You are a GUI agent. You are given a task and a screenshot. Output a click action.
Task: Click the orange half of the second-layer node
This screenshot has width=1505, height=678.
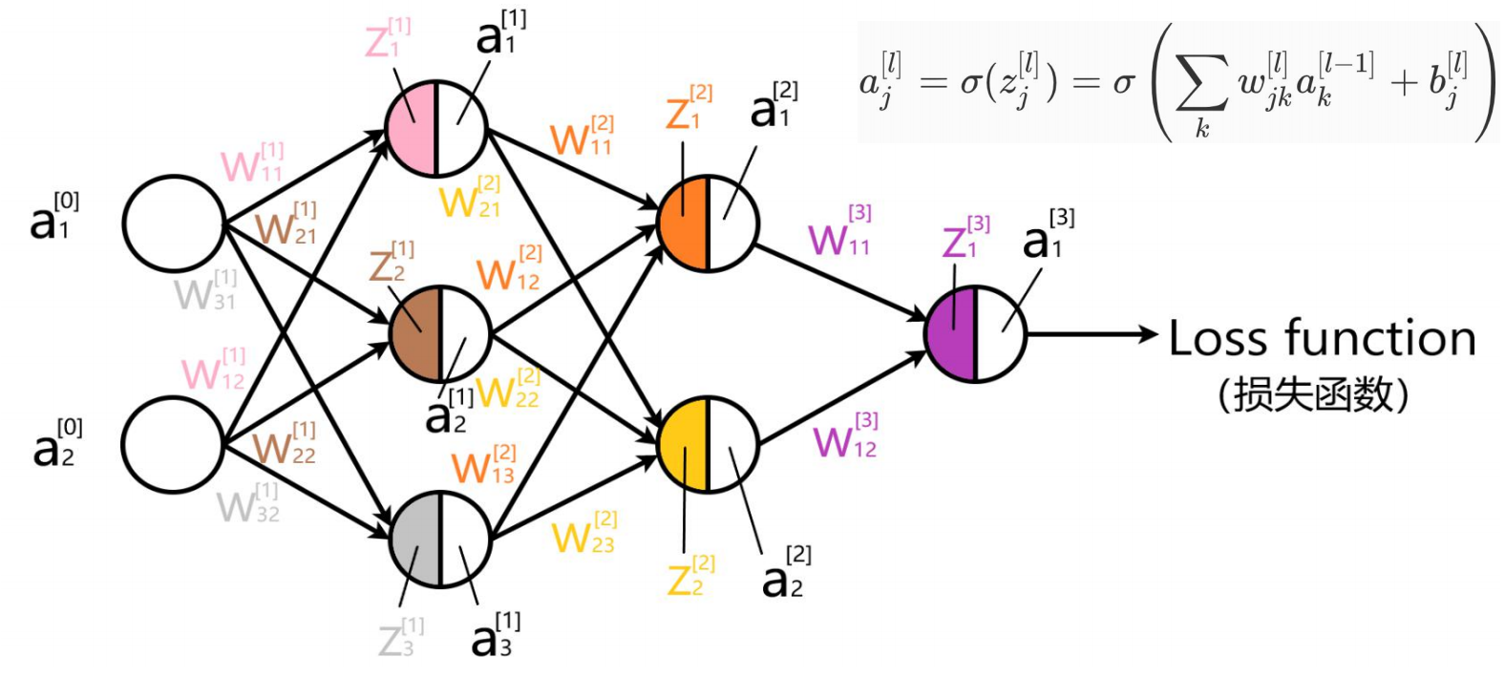[x=684, y=222]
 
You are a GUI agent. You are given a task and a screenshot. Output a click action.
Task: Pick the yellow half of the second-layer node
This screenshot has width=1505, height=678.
[x=684, y=445]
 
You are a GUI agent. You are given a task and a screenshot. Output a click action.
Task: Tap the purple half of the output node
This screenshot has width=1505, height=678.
[x=951, y=334]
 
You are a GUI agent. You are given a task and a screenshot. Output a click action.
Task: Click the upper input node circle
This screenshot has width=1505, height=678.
[x=173, y=222]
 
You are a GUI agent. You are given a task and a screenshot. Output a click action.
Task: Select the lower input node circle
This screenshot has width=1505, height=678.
[x=173, y=445]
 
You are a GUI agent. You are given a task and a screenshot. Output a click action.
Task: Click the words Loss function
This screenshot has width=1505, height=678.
[x=1322, y=339]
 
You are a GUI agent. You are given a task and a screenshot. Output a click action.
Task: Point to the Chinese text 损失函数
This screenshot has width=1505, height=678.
[x=1313, y=393]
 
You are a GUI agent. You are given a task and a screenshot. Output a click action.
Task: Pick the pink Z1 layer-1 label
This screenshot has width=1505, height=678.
[x=387, y=39]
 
